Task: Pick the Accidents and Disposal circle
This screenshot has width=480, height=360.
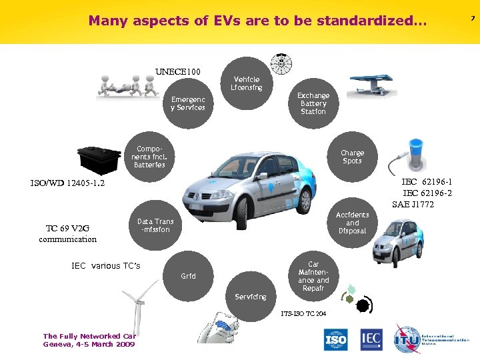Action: point(352,223)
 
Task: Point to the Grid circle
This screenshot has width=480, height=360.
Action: point(189,275)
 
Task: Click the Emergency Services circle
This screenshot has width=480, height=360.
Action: point(187,103)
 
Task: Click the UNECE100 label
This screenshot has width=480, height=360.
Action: point(178,71)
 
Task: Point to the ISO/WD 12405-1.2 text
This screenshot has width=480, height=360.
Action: point(67,183)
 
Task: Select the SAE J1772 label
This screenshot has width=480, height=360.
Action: point(413,204)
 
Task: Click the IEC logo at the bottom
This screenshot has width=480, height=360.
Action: point(371,340)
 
